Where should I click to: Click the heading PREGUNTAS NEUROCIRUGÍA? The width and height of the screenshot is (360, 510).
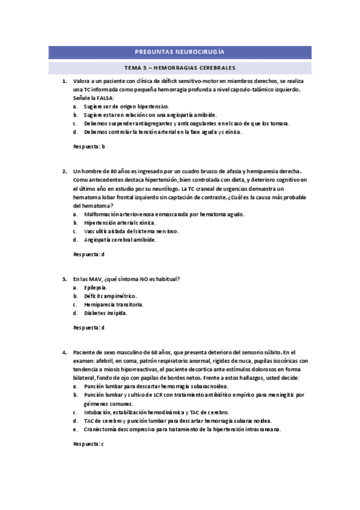[x=180, y=52]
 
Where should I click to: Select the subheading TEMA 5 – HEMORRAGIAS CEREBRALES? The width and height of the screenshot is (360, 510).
[x=180, y=68]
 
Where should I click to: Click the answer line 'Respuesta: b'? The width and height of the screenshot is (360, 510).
[x=89, y=146]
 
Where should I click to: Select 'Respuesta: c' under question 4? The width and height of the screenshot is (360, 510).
[x=89, y=443]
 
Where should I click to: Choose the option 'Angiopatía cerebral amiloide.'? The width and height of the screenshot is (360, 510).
[x=120, y=239]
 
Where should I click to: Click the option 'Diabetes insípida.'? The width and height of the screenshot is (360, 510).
[x=106, y=313]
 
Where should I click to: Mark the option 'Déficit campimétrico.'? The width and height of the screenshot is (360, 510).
[x=111, y=296]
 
